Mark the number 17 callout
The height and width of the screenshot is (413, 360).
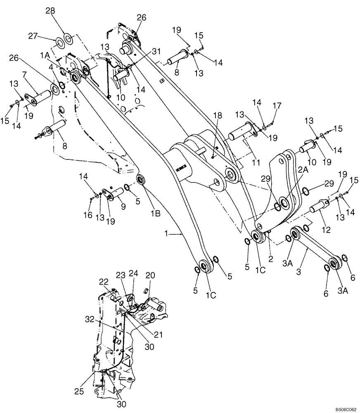click(x=276, y=106)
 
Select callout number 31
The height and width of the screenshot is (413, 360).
click(x=144, y=52)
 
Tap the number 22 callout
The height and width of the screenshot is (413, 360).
click(x=103, y=282)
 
